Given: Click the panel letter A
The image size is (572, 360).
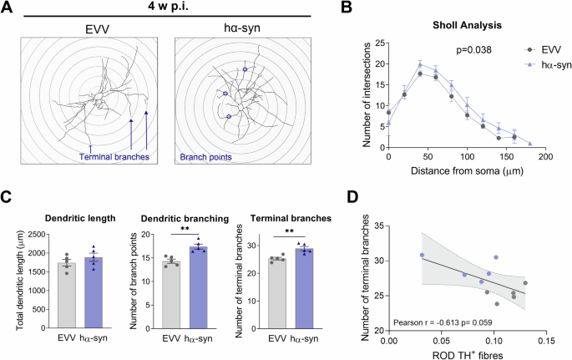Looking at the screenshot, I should point(8,8).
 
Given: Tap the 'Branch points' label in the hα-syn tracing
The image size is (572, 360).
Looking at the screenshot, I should point(210,155).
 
